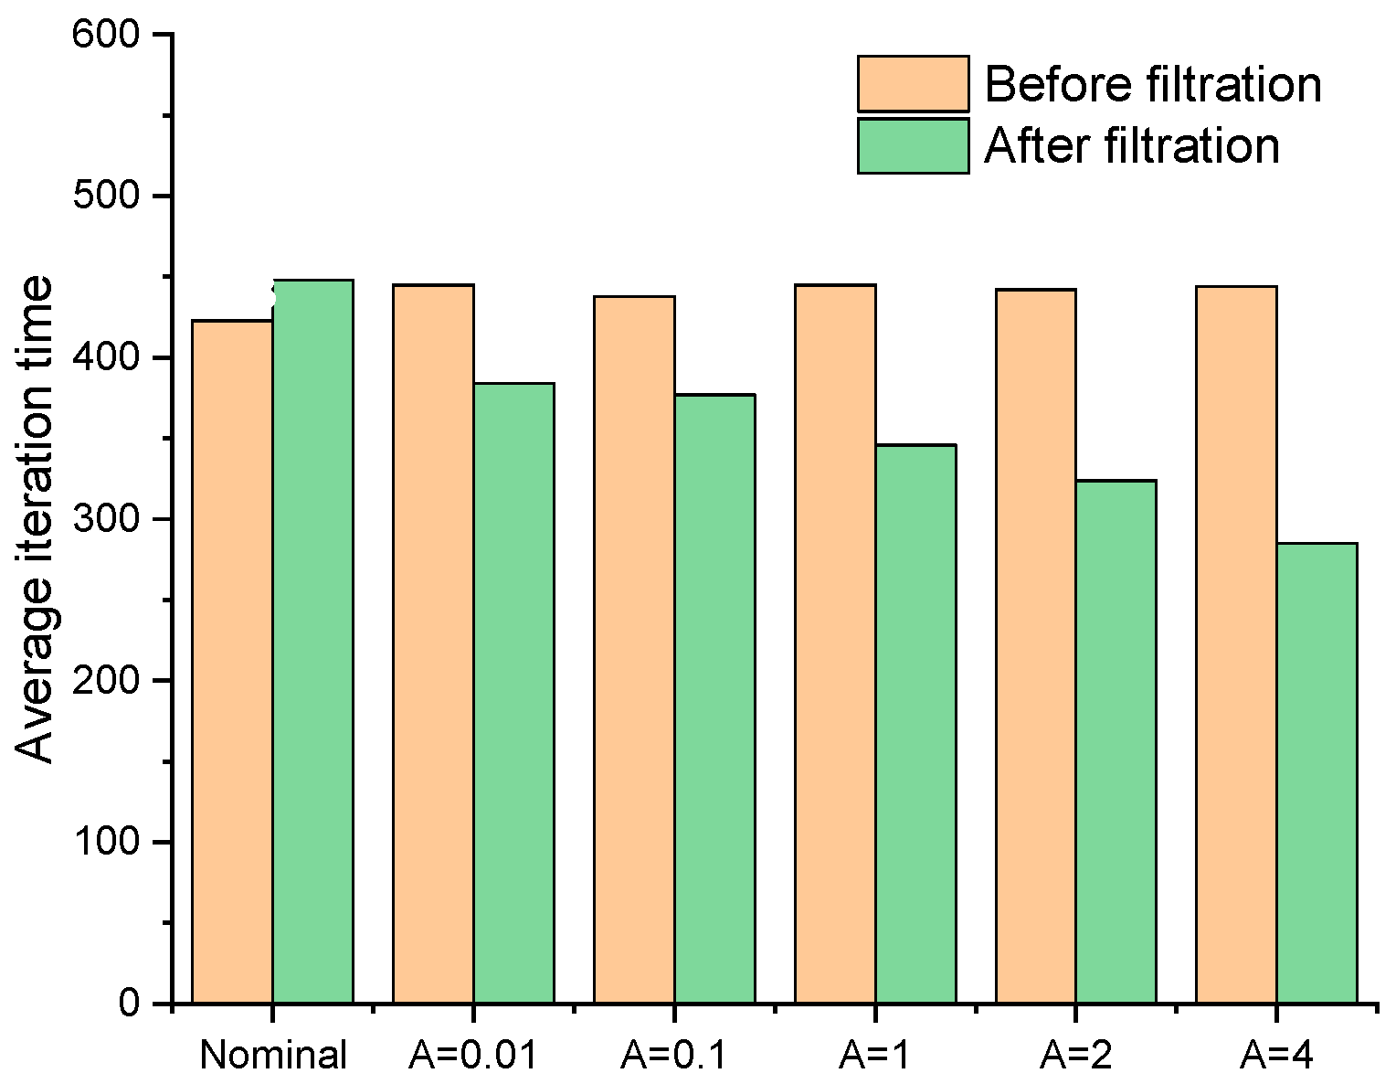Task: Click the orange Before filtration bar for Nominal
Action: click(x=232, y=662)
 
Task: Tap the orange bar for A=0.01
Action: click(x=433, y=643)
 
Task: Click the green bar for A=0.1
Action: click(x=714, y=698)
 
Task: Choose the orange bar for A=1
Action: click(x=835, y=643)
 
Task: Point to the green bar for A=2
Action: click(x=1116, y=741)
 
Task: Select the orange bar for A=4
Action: click(x=1236, y=644)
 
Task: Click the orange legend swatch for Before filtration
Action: click(x=913, y=84)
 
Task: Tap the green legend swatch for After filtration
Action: click(x=913, y=146)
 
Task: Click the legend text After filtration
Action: click(x=1132, y=146)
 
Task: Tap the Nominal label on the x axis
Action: click(x=273, y=1055)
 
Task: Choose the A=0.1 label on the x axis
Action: click(x=673, y=1055)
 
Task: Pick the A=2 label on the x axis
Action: click(x=1075, y=1055)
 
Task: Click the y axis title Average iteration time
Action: click(x=37, y=519)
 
